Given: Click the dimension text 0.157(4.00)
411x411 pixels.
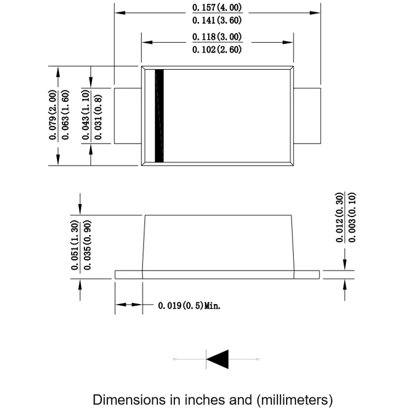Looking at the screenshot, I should [x=217, y=8].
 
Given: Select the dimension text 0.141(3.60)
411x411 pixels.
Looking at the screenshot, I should [x=217, y=20].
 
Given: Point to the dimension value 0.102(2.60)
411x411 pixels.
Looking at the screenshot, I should [x=217, y=49].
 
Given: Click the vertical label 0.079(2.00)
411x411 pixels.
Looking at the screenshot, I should [x=53, y=116].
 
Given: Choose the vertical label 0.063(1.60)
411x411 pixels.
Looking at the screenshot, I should [x=65, y=116].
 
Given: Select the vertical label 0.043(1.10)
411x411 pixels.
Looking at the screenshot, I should [x=87, y=116].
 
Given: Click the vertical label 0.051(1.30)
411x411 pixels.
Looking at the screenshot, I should [x=75, y=245].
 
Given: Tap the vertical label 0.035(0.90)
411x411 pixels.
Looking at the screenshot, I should [x=87, y=245].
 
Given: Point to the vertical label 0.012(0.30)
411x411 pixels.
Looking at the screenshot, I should [x=339, y=218].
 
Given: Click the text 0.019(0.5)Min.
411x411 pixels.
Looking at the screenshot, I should [x=189, y=305].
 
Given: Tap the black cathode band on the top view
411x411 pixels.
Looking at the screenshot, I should [x=159, y=116].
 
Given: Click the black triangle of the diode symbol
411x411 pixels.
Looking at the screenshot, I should [x=218, y=359].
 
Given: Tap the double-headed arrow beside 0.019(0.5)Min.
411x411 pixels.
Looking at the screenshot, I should [x=129, y=305].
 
